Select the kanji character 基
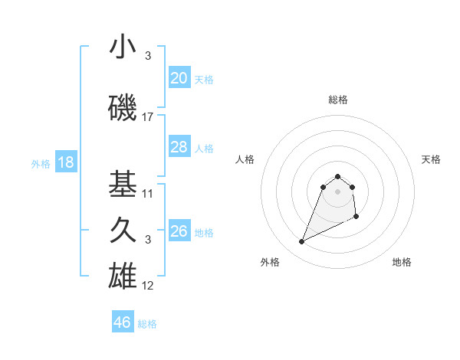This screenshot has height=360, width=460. click(123, 184)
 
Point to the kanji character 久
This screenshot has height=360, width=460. click(123, 231)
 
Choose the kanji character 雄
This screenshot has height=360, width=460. click(123, 276)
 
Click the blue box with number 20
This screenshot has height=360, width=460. click(179, 78)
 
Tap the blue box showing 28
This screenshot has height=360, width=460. click(179, 147)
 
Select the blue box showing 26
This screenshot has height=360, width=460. click(179, 231)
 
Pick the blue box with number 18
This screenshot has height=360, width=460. click(66, 162)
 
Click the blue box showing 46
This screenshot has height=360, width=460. click(123, 322)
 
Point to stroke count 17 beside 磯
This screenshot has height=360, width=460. click(148, 117)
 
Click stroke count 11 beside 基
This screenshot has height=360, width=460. click(148, 193)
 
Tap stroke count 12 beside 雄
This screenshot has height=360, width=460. click(148, 286)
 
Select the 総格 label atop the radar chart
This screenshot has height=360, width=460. click(338, 100)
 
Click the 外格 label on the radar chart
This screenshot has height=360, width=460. click(270, 262)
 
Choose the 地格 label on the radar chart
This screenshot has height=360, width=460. click(402, 262)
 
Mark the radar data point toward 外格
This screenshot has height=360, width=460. click(301, 242)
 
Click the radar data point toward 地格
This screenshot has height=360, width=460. click(357, 218)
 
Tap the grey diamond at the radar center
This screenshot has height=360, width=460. click(337, 191)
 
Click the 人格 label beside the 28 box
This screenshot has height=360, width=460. click(204, 148)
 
